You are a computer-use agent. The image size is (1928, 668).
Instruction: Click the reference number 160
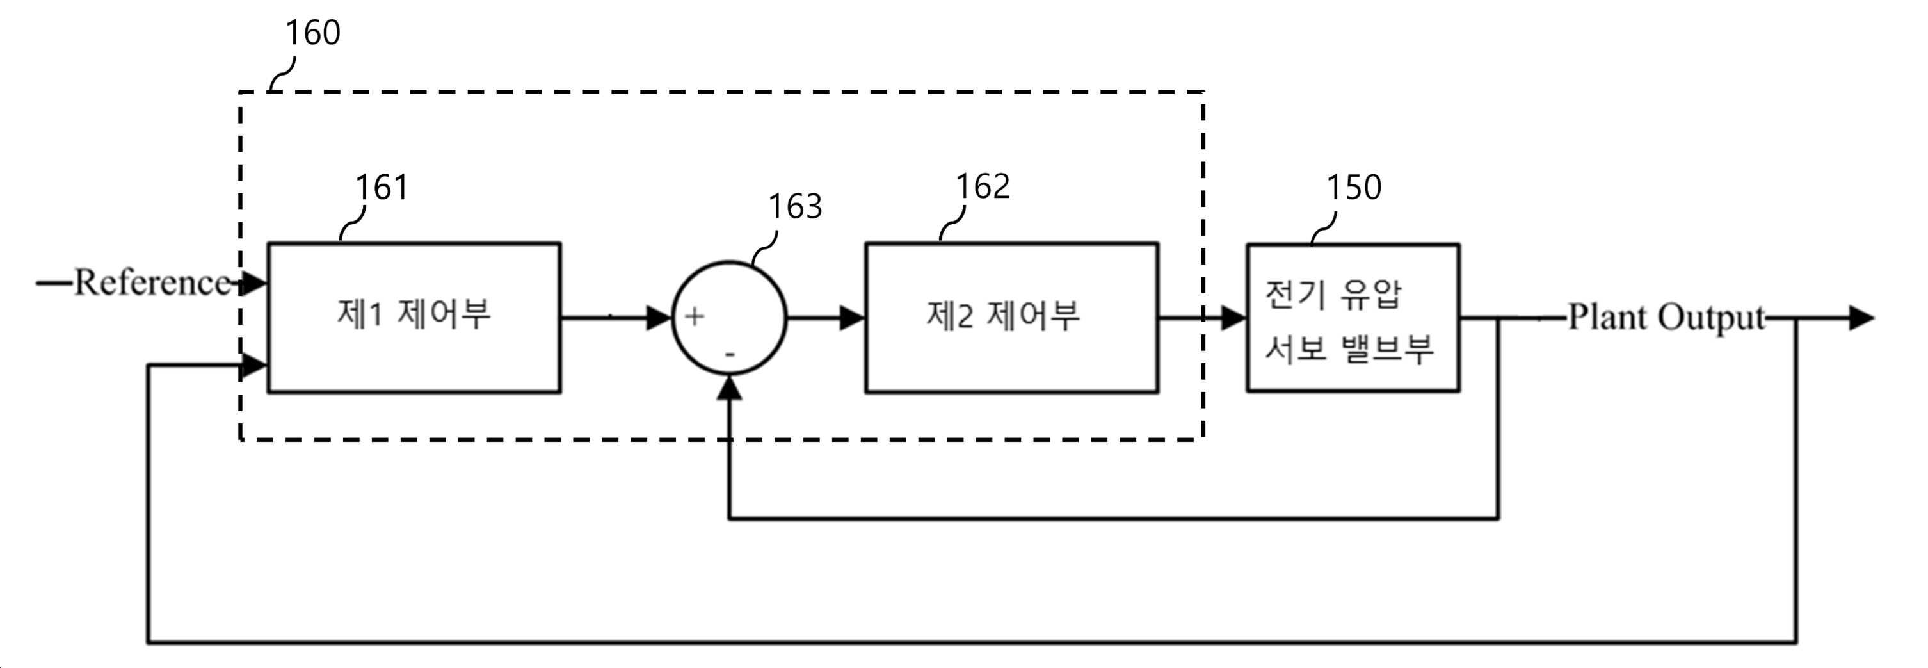click(x=313, y=33)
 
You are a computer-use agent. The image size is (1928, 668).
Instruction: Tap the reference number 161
click(x=382, y=187)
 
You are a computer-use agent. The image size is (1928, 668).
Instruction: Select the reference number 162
click(x=983, y=186)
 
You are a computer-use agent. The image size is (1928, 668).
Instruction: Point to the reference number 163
click(x=796, y=206)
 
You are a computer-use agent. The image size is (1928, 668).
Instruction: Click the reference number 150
click(x=1354, y=187)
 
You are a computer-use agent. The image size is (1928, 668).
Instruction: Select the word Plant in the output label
click(x=1605, y=317)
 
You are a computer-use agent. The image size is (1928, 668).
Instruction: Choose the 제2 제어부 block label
click(x=1003, y=315)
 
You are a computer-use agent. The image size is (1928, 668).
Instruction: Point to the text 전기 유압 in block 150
click(x=1333, y=295)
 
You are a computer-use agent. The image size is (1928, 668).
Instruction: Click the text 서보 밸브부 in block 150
click(x=1349, y=348)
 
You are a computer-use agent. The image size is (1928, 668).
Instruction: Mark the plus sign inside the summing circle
click(x=695, y=317)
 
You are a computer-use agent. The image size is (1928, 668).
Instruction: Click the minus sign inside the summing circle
click(x=730, y=354)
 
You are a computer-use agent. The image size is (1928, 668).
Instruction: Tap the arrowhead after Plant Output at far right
click(x=1861, y=318)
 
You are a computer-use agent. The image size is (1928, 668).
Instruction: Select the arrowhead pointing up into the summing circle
click(x=730, y=388)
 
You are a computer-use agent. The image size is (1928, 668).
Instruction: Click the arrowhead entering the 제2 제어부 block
click(x=853, y=318)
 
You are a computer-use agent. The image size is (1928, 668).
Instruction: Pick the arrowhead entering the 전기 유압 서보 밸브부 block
click(x=1234, y=318)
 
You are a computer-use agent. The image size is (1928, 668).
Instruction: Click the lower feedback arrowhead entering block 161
click(x=255, y=366)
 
